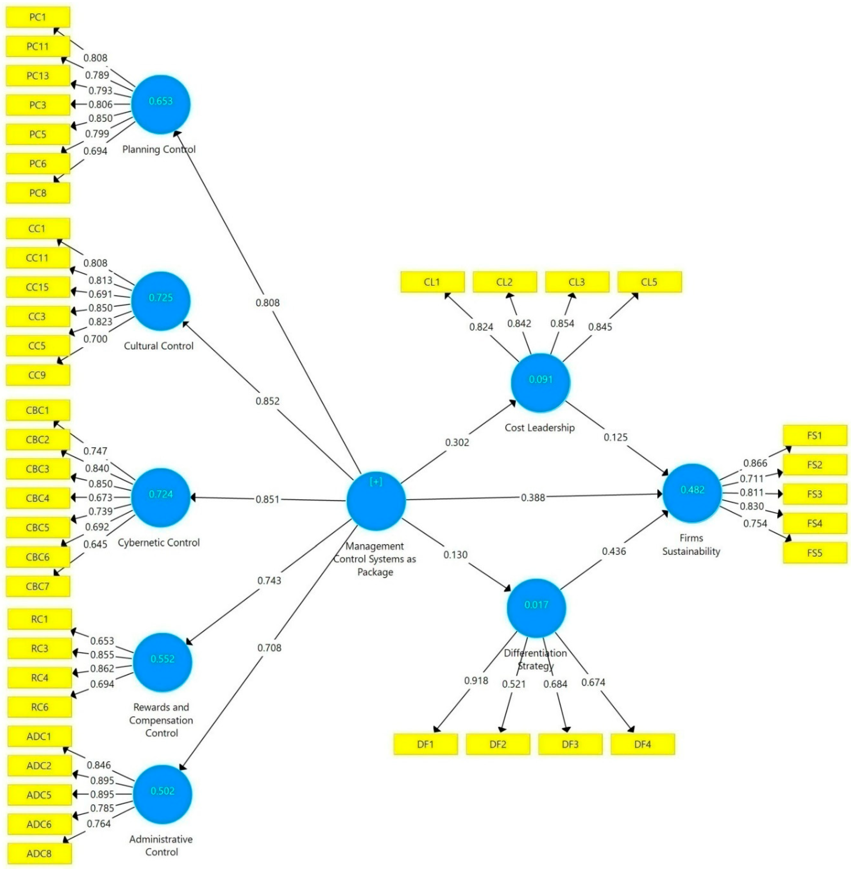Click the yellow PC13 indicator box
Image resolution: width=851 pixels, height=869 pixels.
(x=38, y=76)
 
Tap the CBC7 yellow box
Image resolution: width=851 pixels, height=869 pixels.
(x=38, y=586)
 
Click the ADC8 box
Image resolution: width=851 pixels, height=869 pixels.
(x=39, y=853)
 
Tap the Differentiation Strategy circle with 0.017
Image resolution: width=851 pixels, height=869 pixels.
(x=536, y=608)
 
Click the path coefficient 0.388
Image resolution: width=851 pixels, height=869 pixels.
(x=533, y=497)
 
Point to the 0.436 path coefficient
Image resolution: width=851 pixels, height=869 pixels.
(x=614, y=551)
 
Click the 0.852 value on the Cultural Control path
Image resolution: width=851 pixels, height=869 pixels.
(x=267, y=401)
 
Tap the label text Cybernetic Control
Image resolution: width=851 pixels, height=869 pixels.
(x=159, y=543)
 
